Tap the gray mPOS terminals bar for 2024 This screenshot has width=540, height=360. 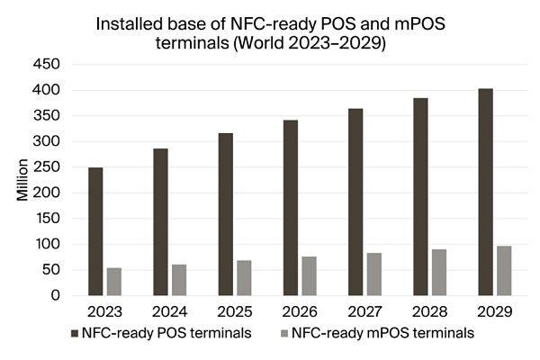pos(179,280)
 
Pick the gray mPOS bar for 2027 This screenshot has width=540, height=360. pos(374,274)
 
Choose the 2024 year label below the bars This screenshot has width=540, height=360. pos(170,312)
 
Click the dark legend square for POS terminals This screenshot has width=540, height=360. pos(74,334)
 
